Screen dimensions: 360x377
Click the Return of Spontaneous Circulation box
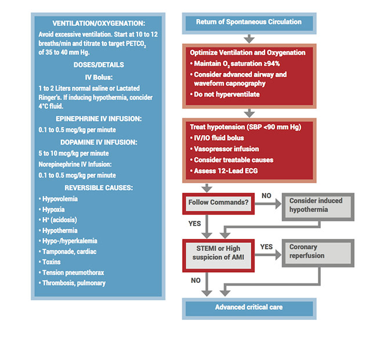(249, 22)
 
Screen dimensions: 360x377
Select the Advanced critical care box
(249, 307)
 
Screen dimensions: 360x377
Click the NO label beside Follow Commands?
(266, 196)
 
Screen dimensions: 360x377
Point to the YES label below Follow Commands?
(194, 223)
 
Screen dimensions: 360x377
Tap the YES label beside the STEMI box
(266, 246)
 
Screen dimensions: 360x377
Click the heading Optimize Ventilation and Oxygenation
(248, 52)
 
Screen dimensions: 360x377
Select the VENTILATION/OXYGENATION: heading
(98, 23)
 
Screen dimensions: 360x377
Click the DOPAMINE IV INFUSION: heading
(98, 142)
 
